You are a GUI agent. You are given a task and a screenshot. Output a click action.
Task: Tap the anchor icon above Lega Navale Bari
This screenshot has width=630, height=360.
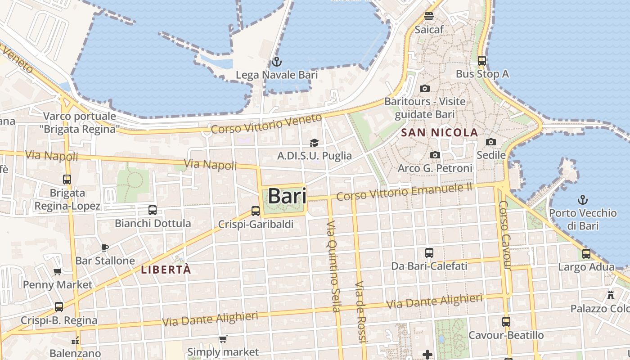coord(277,61)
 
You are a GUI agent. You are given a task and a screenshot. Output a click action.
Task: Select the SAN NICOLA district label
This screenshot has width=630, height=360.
coord(439,132)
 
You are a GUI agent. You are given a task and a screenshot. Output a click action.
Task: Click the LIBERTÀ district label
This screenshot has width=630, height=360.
coord(166,270)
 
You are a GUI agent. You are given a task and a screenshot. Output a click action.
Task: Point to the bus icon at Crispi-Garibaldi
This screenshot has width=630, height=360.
coord(256,211)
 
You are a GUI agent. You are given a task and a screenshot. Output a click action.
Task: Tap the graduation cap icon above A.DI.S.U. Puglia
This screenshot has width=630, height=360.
coord(314,143)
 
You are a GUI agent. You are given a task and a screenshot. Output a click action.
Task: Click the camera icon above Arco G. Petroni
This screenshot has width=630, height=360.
coord(435,155)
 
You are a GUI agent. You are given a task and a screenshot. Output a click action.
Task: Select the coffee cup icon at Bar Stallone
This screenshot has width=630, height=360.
coord(105,247)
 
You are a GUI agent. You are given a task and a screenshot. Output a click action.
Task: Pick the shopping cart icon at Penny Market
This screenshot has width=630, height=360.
coord(57,271)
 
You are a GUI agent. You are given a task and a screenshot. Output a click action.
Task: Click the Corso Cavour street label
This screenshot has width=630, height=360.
coord(505,235)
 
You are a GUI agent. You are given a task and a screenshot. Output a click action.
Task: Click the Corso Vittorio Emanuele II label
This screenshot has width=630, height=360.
coord(405,192)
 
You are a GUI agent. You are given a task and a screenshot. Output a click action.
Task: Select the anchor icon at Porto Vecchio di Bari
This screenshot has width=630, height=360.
coord(583,199)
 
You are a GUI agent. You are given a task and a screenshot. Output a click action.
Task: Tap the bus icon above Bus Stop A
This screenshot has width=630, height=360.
coord(482,60)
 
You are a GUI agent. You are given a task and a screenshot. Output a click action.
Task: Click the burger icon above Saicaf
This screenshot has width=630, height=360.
coord(428,16)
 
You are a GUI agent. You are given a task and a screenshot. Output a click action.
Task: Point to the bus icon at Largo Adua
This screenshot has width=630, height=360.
coord(586,253)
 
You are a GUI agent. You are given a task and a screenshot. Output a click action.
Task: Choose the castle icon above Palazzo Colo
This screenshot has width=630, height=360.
coord(611,295)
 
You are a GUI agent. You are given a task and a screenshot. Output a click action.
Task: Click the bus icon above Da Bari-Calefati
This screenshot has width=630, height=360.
coord(429,253)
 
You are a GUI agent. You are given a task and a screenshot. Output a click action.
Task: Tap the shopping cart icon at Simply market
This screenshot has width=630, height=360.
coord(223,338)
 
